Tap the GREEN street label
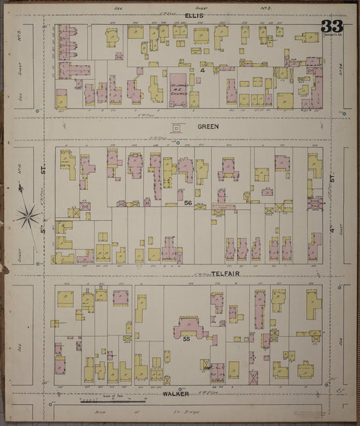208,126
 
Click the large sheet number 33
332,28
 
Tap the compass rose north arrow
28,215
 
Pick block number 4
201,70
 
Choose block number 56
188,202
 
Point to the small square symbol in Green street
177,126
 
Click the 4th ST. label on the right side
332,203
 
